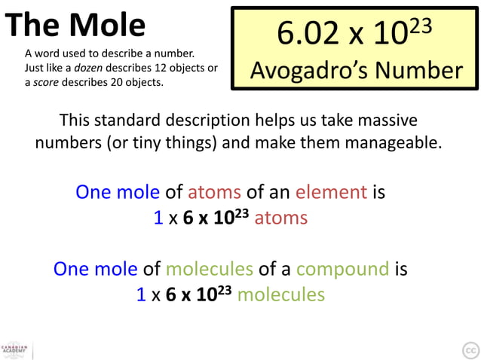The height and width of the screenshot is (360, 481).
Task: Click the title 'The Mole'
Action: click(75, 26)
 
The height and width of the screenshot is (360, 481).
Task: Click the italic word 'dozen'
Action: click(114, 68)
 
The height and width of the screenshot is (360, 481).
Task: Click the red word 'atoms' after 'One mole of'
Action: click(213, 192)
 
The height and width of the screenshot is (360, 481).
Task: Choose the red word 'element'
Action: click(331, 192)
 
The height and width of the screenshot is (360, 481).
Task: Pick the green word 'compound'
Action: click(343, 269)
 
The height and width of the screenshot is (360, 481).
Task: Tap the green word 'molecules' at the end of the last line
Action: click(280, 294)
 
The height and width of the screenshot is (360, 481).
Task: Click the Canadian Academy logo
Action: click(15, 349)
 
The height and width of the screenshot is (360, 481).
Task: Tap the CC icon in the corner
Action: click(469, 349)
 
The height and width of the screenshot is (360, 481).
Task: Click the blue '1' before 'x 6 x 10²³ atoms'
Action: click(158, 218)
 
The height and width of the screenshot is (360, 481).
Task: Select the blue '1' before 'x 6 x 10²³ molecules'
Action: click(141, 294)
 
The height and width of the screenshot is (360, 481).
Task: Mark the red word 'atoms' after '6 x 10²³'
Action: click(280, 218)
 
